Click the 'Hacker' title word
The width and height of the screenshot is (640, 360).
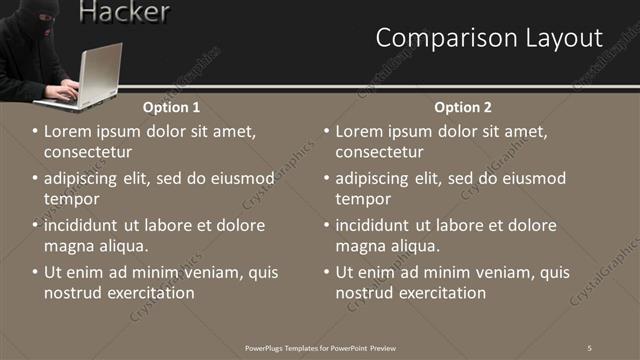pyautogui.click(x=123, y=12)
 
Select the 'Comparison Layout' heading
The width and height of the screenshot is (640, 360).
pyautogui.click(x=489, y=38)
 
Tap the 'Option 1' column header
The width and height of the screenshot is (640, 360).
pyautogui.click(x=171, y=106)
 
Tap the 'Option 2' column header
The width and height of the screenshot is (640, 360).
pyautogui.click(x=462, y=106)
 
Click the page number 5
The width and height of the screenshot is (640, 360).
pyautogui.click(x=590, y=347)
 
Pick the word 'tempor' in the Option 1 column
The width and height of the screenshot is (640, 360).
pyautogui.click(x=71, y=199)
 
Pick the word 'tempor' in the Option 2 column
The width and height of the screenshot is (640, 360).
pyautogui.click(x=362, y=199)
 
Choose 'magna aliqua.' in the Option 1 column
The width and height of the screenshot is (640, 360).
pyautogui.click(x=96, y=246)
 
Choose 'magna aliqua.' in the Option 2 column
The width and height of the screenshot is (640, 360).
pyautogui.click(x=387, y=246)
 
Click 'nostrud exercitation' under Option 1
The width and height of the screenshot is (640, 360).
pyautogui.click(x=118, y=293)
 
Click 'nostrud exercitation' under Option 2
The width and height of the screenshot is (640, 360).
pyautogui.click(x=410, y=293)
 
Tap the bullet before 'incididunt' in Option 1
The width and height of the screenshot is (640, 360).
pyautogui.click(x=36, y=226)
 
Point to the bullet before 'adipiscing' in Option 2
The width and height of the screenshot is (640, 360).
pyautogui.click(x=327, y=179)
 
